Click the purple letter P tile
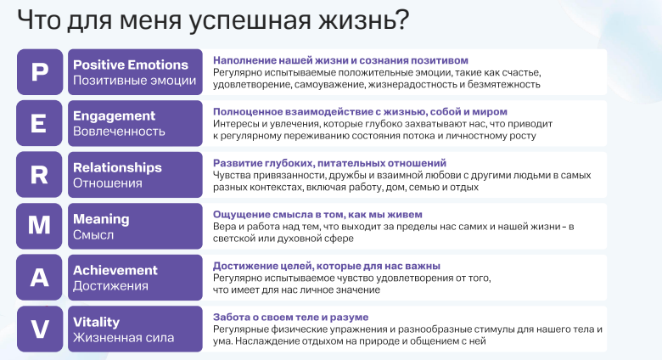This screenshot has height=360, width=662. pos(40,72)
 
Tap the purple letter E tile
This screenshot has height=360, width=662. pos(40,123)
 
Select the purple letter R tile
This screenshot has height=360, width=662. pos(40,175)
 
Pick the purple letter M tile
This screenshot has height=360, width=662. pos(40,226)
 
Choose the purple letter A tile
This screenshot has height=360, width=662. pos(40,278)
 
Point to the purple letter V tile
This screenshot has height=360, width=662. pos(40,329)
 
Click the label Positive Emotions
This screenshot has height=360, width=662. pos(130,65)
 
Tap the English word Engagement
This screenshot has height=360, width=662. pos(114,116)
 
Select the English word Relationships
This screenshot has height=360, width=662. pos(117,167)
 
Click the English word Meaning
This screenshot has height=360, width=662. pos(101,219)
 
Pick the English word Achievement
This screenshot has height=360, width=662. pos(115,270)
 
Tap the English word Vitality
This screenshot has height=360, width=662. pos(96,322)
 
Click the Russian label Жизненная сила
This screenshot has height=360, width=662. pos(123,338)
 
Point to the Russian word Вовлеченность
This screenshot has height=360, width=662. pos(119,132)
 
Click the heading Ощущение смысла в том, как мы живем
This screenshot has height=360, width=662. pos(317,214)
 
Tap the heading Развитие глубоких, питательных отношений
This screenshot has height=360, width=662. pos(329,162)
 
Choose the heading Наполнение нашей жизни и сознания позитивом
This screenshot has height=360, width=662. pos(339,60)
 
